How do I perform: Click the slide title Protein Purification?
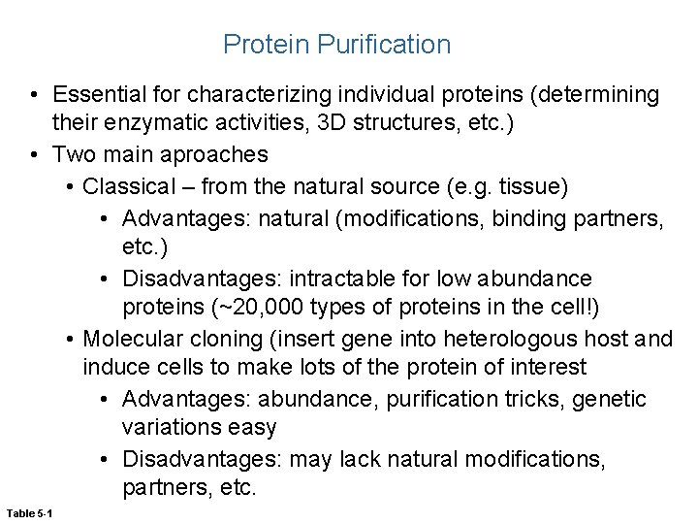click(x=336, y=44)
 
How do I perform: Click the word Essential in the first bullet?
click(x=99, y=95)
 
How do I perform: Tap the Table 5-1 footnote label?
click(x=30, y=511)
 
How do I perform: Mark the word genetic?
click(x=613, y=399)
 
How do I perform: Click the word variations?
click(x=166, y=428)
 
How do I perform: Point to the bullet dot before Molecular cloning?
click(x=71, y=339)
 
